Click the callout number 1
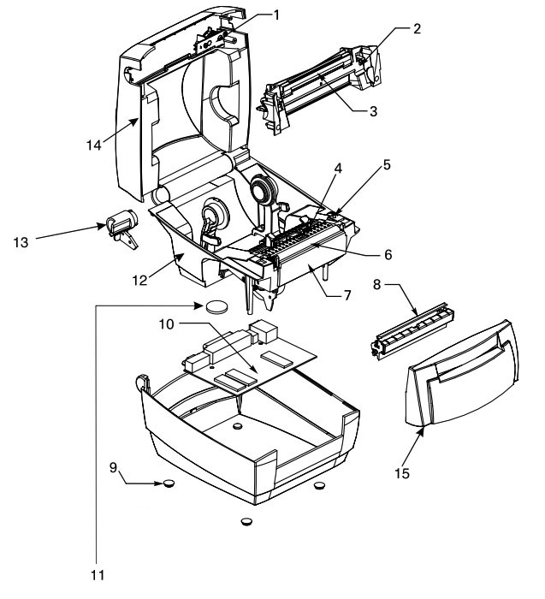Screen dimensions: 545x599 [x=276, y=15]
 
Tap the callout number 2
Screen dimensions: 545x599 [x=417, y=28]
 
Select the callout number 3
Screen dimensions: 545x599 [x=373, y=111]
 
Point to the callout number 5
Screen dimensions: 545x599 [x=387, y=165]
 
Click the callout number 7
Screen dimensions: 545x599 [x=347, y=295]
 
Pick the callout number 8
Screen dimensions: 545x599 [x=377, y=285]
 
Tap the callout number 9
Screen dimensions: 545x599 [x=114, y=467]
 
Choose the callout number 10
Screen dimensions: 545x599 [x=166, y=324]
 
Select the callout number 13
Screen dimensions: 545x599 [x=21, y=242]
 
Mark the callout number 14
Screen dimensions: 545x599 [x=94, y=145]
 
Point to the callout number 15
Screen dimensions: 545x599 [x=402, y=473]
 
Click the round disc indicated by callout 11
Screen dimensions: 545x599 [x=216, y=306]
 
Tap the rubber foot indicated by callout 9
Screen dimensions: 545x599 [x=169, y=483]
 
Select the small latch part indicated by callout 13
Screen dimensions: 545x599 [x=121, y=228]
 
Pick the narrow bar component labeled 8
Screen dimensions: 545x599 [x=412, y=331]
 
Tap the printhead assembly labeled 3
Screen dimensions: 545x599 [x=319, y=89]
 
